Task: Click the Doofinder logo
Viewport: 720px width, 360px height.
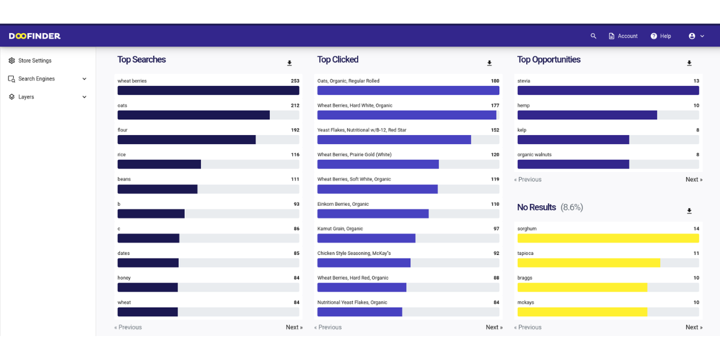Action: (x=35, y=36)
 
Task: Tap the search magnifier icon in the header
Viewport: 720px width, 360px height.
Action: (x=593, y=36)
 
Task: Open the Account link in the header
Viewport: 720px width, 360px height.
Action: (x=623, y=36)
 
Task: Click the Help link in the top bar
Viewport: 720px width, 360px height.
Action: (x=661, y=36)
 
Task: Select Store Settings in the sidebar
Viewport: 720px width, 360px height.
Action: (x=34, y=61)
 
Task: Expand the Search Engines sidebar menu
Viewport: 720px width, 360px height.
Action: (x=47, y=79)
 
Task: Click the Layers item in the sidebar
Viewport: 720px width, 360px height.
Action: (x=26, y=97)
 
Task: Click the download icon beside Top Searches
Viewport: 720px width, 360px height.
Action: (x=289, y=63)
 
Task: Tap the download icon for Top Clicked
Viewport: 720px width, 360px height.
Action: (x=489, y=63)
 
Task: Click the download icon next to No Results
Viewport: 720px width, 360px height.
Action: (x=689, y=211)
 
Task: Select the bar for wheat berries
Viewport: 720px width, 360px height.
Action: (x=208, y=91)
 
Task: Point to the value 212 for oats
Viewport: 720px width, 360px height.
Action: (x=295, y=106)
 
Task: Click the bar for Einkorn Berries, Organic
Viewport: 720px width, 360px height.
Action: (x=373, y=214)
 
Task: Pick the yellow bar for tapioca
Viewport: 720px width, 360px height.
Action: (x=589, y=263)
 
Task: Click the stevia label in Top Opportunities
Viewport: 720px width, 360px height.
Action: (x=524, y=81)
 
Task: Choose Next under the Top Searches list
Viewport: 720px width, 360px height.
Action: (x=294, y=327)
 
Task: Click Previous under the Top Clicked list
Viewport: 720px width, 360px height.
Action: (x=328, y=327)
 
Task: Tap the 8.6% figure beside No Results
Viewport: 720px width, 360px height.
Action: (x=572, y=207)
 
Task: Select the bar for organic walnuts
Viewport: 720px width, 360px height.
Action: (x=573, y=164)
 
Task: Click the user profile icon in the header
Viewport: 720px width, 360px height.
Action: (x=692, y=36)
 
